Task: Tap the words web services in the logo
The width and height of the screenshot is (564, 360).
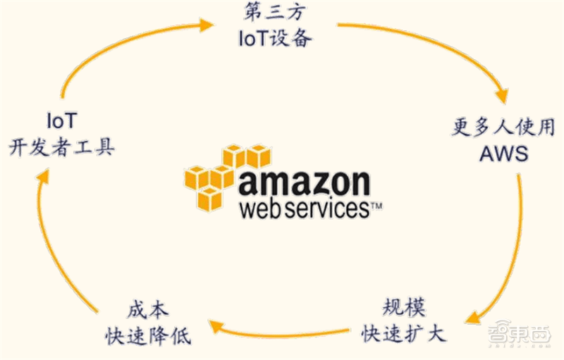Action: coord(305,209)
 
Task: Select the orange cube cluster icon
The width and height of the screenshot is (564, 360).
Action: coord(227,178)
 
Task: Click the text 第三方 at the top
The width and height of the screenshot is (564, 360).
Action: coord(275,11)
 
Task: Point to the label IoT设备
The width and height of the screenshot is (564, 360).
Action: coord(275,38)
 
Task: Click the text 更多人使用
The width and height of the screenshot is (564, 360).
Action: coord(503,127)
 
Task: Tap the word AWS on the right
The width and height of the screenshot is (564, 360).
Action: coord(504,154)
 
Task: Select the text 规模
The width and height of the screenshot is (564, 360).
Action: coord(404,307)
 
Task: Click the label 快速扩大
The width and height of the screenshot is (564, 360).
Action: coord(404,334)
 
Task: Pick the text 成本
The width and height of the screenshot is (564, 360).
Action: coord(148,310)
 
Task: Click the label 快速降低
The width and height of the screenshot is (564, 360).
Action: coord(148,336)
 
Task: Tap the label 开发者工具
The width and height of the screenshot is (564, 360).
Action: coord(61,147)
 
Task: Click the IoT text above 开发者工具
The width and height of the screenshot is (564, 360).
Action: coord(62,120)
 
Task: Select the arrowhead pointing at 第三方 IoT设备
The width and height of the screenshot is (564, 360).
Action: coord(207,25)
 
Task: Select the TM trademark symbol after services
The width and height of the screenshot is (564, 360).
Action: coord(376,206)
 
